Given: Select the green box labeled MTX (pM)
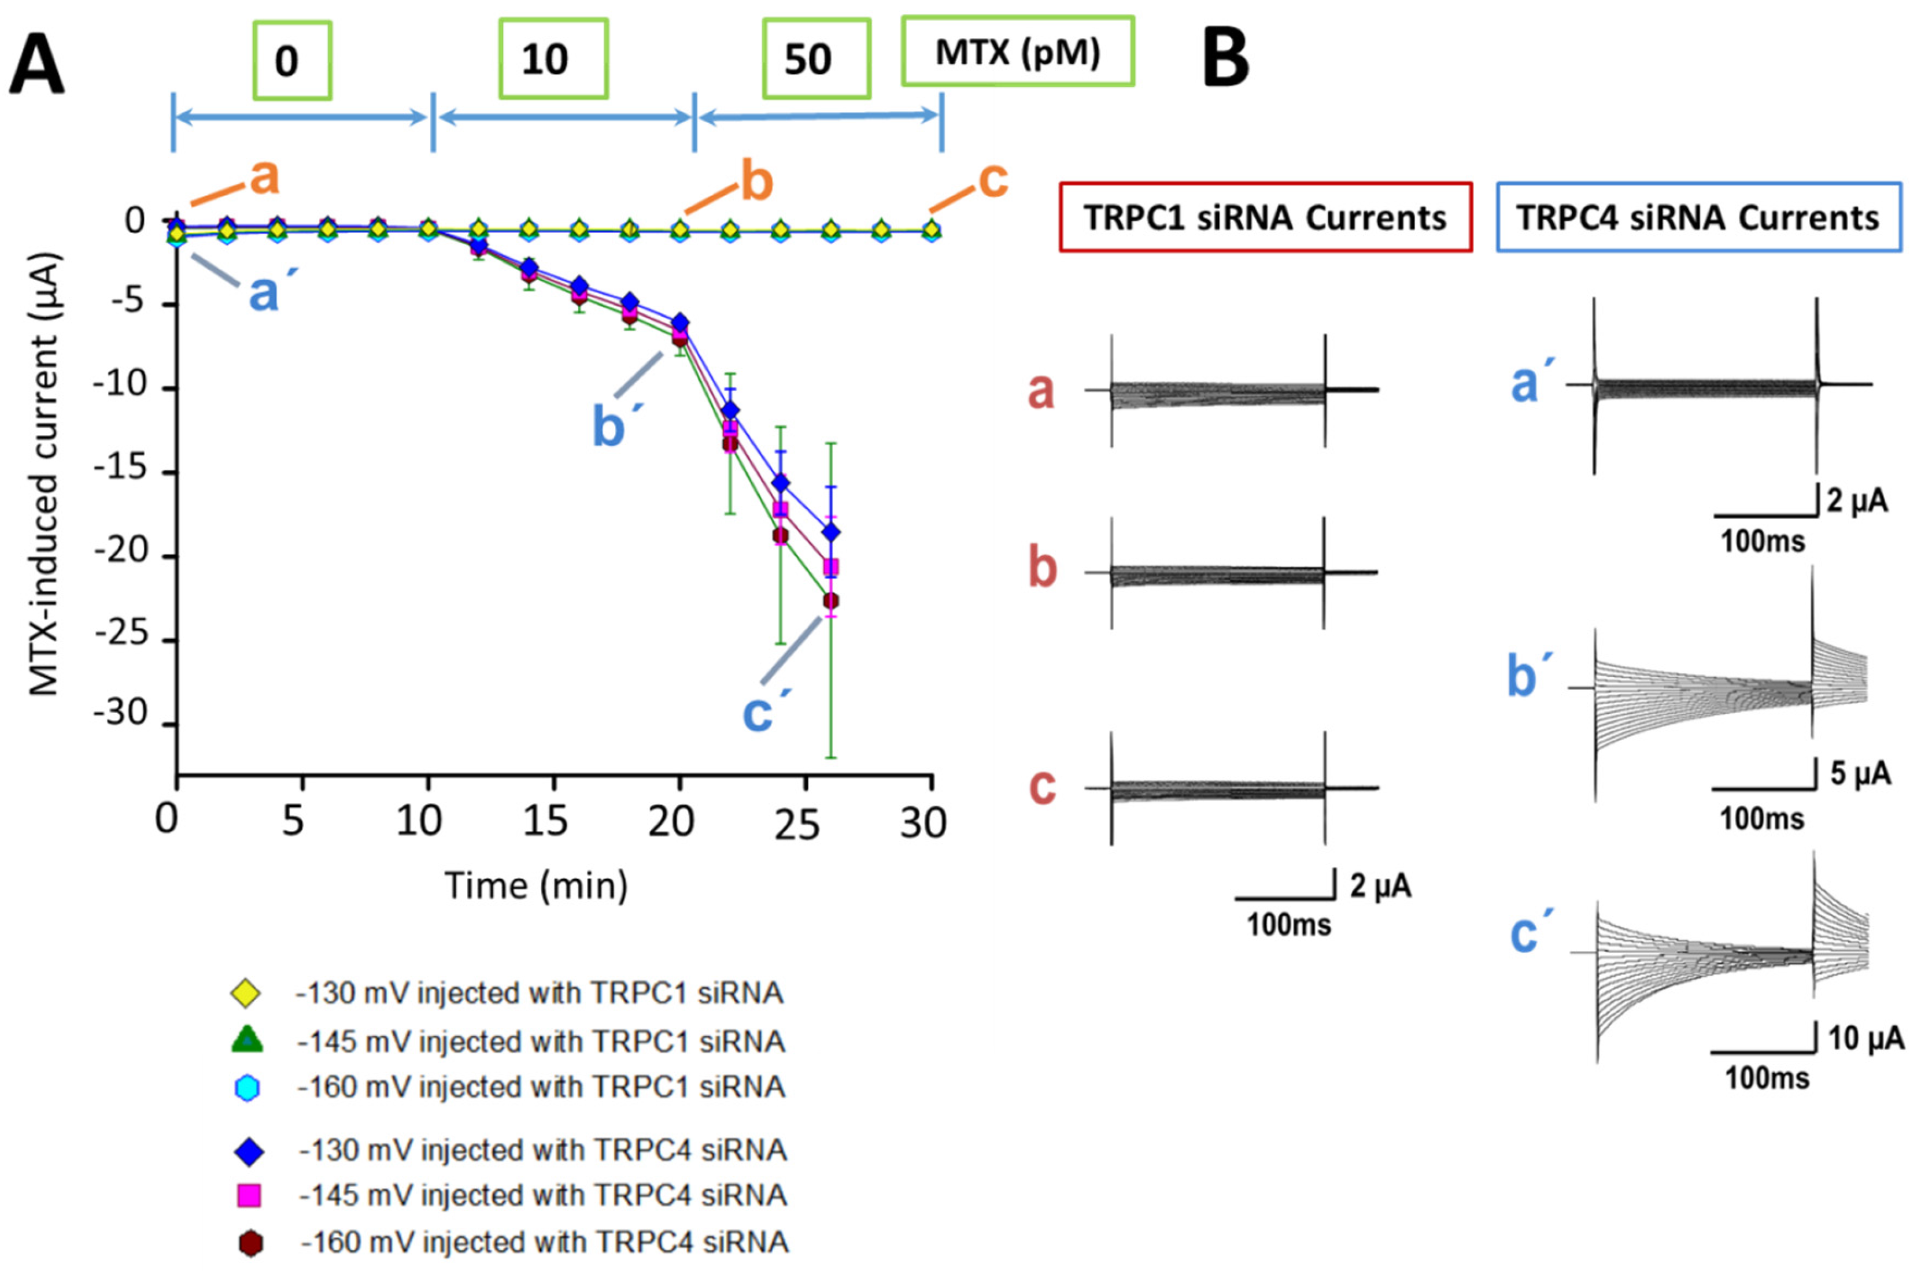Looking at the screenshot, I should click(x=1018, y=52).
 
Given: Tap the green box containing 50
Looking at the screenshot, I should click(x=816, y=59).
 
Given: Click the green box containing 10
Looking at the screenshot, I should click(x=553, y=59).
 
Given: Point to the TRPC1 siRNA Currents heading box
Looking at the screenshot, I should click(x=1265, y=217).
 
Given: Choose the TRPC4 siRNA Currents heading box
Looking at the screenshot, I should click(x=1698, y=217).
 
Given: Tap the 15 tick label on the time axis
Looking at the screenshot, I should click(x=544, y=822).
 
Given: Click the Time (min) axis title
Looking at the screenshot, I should click(x=536, y=885).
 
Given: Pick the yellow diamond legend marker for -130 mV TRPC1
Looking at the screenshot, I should click(x=246, y=993).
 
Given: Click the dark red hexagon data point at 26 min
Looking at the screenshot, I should click(x=830, y=601).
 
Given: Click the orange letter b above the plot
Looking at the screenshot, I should click(x=756, y=183).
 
